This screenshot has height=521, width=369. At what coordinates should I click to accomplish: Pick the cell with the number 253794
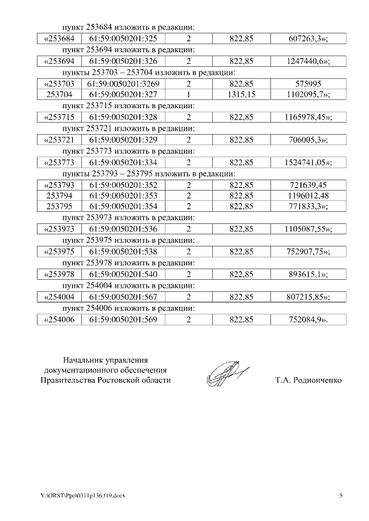pos(60,196)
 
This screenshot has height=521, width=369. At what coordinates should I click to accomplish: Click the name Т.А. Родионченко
pos(308,380)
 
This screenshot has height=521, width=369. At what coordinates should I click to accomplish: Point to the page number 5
pos(340,496)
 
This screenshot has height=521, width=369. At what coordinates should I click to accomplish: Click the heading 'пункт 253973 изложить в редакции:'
pos(129,218)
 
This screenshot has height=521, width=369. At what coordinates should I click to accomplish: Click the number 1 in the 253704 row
pos(189,94)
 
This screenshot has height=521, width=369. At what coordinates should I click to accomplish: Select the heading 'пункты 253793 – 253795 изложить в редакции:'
pos(148,173)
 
